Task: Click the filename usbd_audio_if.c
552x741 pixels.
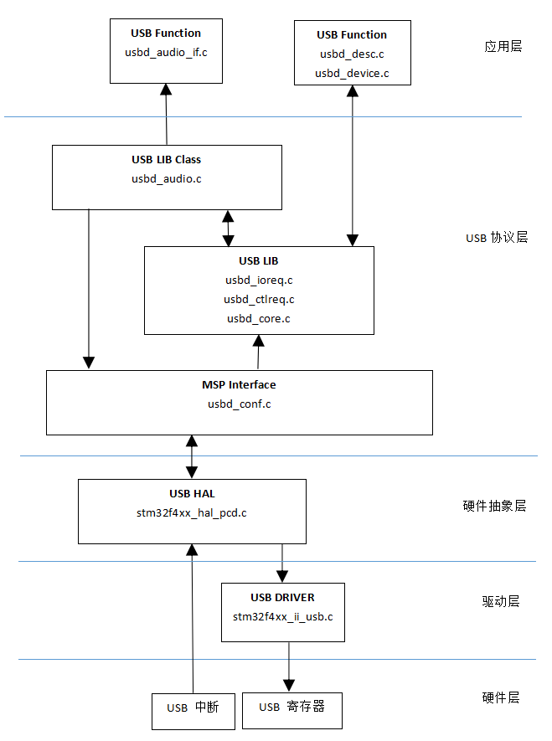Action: pos(166,53)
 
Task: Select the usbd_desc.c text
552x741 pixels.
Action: pos(351,54)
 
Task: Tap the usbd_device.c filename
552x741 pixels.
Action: pos(351,74)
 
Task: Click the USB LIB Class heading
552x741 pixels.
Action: pos(166,159)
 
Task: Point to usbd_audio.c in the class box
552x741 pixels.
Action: pos(166,178)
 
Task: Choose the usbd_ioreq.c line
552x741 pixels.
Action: pos(258,280)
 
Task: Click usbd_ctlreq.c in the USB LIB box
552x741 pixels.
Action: pos(258,299)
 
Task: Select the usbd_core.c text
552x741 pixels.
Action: pos(258,318)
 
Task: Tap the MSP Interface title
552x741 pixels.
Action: pos(239,385)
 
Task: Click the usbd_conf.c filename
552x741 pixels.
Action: pos(239,404)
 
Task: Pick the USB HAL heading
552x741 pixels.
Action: pos(192,493)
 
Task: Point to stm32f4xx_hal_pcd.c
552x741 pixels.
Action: pos(192,512)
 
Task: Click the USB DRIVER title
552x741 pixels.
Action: pos(282,597)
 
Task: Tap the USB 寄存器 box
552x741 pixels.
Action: pos(292,708)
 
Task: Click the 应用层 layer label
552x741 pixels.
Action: pos(503,46)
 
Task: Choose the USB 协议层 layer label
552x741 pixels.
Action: pos(497,238)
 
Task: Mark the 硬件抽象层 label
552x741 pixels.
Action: pos(494,506)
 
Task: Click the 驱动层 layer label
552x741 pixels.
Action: pos(501,601)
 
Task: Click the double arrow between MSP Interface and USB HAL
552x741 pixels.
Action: pos(193,456)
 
